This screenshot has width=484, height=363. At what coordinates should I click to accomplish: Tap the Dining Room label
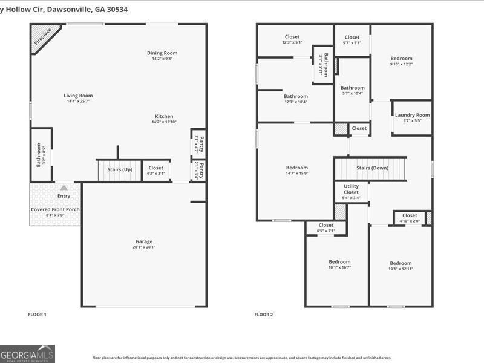(x=162, y=53)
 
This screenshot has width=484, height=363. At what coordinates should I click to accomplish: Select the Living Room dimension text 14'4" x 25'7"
(x=78, y=101)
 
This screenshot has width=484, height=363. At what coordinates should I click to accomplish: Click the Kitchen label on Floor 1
(x=164, y=116)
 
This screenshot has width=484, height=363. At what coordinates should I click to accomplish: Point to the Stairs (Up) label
(x=119, y=170)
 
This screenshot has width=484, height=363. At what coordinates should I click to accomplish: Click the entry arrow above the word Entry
(x=64, y=188)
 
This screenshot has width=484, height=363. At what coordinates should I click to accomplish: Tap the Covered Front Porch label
(x=55, y=209)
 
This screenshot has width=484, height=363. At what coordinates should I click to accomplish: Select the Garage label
(x=144, y=241)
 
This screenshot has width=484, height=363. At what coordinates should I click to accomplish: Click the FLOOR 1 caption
(x=37, y=315)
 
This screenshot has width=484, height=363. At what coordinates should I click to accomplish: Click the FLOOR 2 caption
(x=263, y=315)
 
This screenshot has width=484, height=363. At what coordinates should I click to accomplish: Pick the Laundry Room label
(x=412, y=115)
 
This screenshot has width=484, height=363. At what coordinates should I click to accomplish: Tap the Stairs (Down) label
(x=372, y=168)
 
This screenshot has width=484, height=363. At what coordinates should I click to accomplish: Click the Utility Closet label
(x=351, y=189)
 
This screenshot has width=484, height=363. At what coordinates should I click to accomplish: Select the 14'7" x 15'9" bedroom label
(x=296, y=168)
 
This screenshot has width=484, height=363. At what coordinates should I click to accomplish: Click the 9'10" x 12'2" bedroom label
(x=401, y=59)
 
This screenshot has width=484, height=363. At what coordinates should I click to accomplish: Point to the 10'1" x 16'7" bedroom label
(x=339, y=262)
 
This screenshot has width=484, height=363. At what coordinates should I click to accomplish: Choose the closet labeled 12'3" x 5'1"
(x=292, y=37)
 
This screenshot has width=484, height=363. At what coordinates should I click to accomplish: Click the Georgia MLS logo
(x=28, y=353)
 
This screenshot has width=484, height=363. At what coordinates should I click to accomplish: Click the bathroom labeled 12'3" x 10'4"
(x=296, y=96)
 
